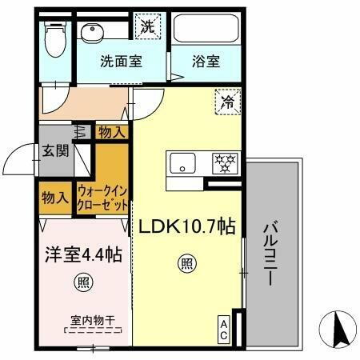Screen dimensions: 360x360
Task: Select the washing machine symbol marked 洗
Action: (148, 26)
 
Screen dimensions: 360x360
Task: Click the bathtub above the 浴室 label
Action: (206, 33)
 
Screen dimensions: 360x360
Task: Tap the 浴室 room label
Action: (206, 61)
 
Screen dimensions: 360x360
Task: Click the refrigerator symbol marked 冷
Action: (226, 103)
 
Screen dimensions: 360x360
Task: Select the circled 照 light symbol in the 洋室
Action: (82, 282)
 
